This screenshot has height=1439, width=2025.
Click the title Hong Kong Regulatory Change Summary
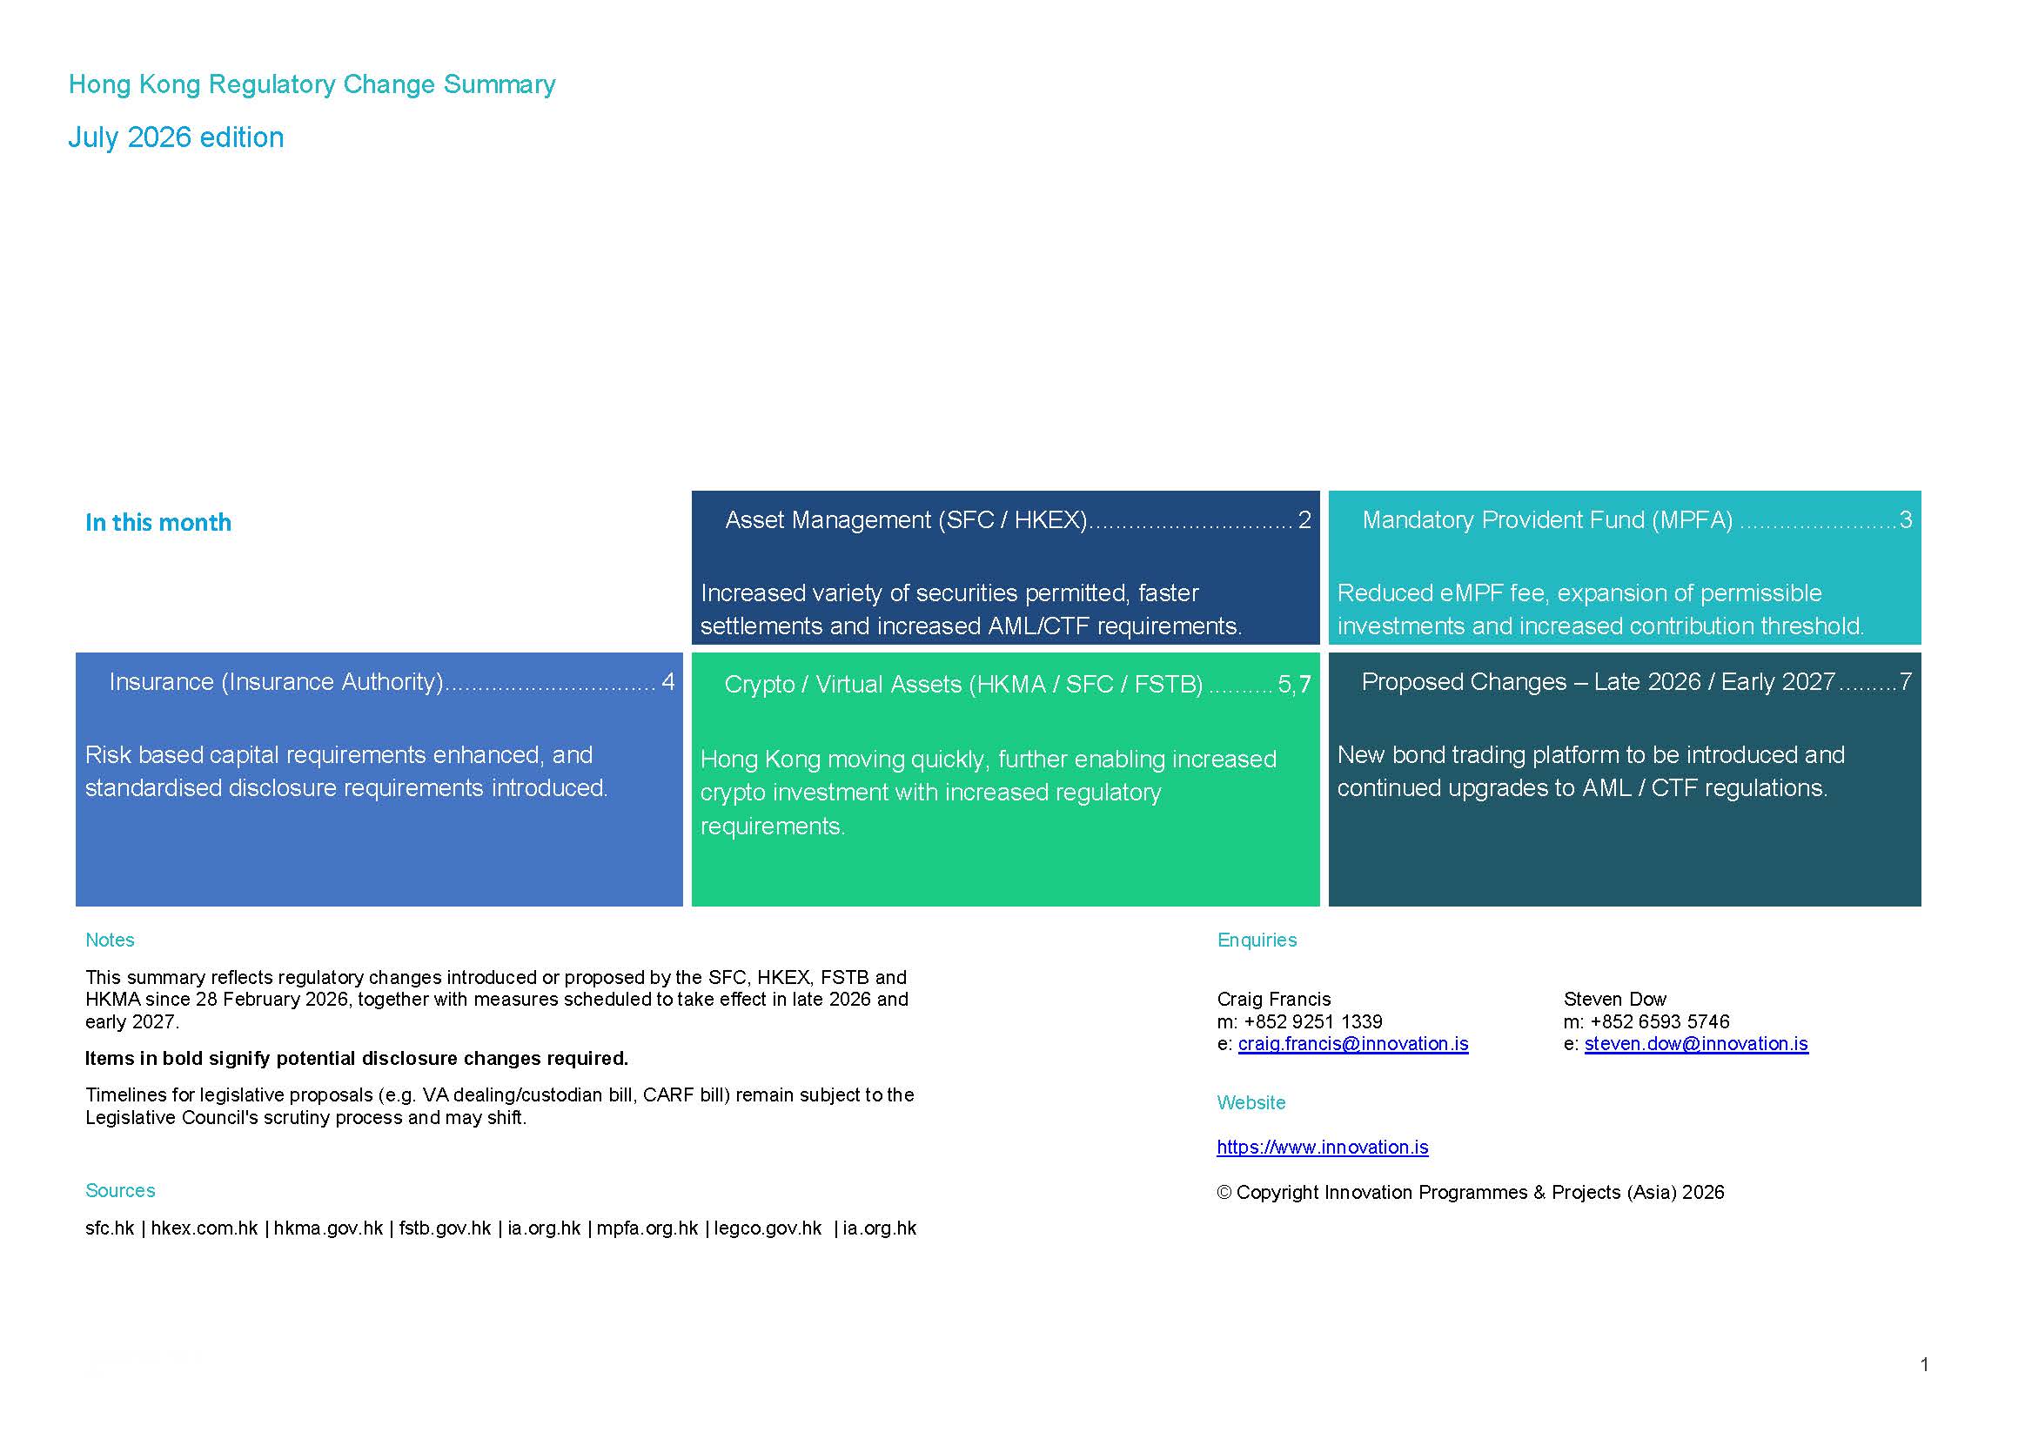click(x=312, y=85)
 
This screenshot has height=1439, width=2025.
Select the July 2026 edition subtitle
click(x=177, y=137)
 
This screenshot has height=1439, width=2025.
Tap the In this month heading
click(x=158, y=523)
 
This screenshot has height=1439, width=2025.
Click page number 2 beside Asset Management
click(x=1304, y=520)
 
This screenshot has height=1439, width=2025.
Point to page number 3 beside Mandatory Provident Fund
click(x=1906, y=520)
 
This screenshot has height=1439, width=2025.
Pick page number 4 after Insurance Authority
click(x=668, y=681)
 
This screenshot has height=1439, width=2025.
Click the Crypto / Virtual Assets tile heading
click(x=963, y=685)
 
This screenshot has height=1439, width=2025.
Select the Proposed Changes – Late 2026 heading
click(x=1598, y=681)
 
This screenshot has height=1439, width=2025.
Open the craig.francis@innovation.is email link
click(x=1353, y=1044)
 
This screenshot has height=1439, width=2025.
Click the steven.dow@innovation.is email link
click(x=1696, y=1044)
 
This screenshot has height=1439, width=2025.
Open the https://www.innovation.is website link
click(x=1322, y=1148)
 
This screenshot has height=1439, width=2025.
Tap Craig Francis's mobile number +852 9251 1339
click(x=1313, y=1021)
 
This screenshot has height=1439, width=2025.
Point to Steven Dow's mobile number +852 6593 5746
click(x=1660, y=1021)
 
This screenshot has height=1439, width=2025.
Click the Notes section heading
click(x=110, y=940)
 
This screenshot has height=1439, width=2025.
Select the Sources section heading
click(x=119, y=1191)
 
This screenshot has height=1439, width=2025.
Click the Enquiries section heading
click(x=1257, y=940)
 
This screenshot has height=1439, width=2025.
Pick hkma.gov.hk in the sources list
click(x=328, y=1229)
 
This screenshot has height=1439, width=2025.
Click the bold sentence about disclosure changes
click(x=356, y=1059)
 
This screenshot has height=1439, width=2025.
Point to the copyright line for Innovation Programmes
click(x=1470, y=1193)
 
